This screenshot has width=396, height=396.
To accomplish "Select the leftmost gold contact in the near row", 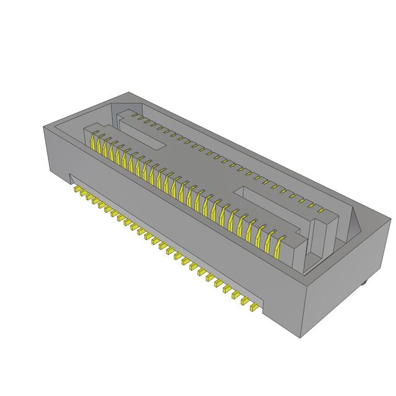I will [x=95, y=144].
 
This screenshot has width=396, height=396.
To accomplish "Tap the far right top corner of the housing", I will [x=392, y=217].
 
